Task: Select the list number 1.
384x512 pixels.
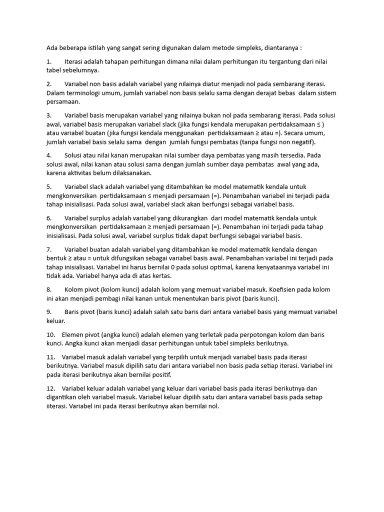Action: pos(48,61)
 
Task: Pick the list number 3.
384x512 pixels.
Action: pos(49,115)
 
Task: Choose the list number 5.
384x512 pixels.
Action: pos(49,186)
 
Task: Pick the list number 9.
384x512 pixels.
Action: pos(49,312)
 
